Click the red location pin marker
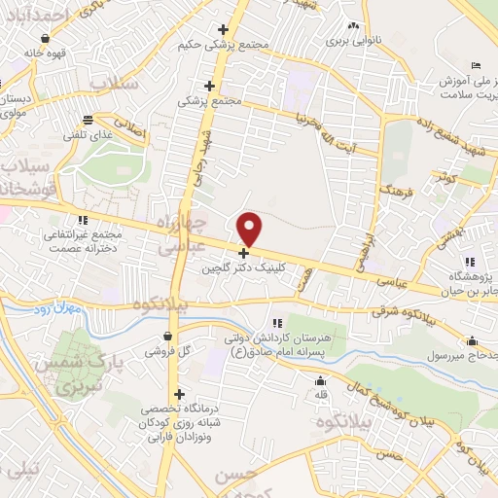coord(250,229)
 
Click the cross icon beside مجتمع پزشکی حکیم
coord(224,30)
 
